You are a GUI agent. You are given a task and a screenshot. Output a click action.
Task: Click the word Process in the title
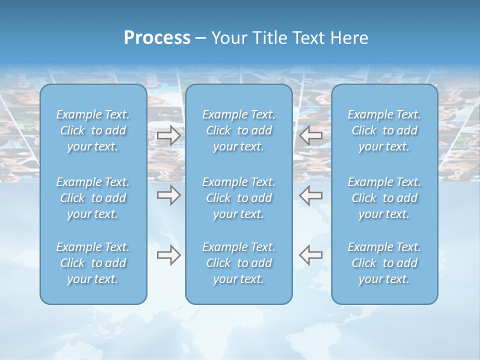[157, 38]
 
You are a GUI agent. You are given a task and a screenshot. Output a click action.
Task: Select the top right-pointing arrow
[168, 135]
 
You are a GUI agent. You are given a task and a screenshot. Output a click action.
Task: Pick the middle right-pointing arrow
[168, 195]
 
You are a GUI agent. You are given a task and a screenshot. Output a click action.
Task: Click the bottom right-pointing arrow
[168, 255]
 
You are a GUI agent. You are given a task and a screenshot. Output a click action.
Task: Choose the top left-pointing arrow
[311, 135]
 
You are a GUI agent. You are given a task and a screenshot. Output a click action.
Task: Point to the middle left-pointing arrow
[311, 195]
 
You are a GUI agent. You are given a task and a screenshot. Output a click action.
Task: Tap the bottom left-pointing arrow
[311, 255]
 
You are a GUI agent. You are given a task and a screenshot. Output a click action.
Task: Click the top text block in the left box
[93, 130]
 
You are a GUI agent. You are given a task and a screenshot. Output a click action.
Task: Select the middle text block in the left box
[93, 198]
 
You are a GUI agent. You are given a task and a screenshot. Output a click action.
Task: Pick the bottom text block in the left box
[93, 263]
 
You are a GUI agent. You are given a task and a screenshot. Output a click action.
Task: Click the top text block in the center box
[238, 130]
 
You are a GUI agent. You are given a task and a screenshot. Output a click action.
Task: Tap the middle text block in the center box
[238, 198]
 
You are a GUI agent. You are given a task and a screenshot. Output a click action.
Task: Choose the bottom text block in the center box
[238, 263]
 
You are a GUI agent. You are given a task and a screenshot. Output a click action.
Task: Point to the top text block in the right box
[384, 130]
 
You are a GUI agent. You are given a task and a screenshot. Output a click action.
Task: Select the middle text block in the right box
[384, 198]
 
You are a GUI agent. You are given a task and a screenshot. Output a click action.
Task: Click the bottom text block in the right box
[384, 263]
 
